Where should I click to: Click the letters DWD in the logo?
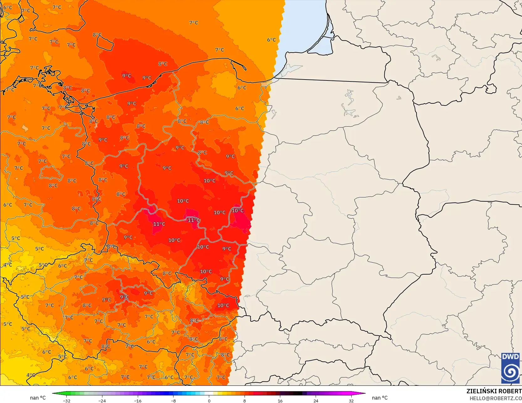coord(510,357)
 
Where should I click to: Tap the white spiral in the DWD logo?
coord(510,372)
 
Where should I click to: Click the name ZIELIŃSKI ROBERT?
coord(494,391)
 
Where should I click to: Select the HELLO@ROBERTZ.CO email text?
coord(495,398)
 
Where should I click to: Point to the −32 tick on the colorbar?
coord(66,400)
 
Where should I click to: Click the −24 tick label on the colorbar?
coord(102,400)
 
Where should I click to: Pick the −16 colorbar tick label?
coord(138,400)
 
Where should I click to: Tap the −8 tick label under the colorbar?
coord(173,400)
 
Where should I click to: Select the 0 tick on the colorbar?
coord(209,400)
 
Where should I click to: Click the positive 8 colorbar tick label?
coord(245,400)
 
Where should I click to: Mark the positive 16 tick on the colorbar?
coord(280,400)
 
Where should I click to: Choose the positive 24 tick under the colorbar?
coord(316,400)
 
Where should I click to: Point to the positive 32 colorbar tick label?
coord(351,400)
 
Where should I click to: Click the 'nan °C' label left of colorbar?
coord(38,398)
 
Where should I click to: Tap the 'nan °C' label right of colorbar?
coord(380,398)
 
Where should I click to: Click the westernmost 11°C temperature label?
coord(159,224)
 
